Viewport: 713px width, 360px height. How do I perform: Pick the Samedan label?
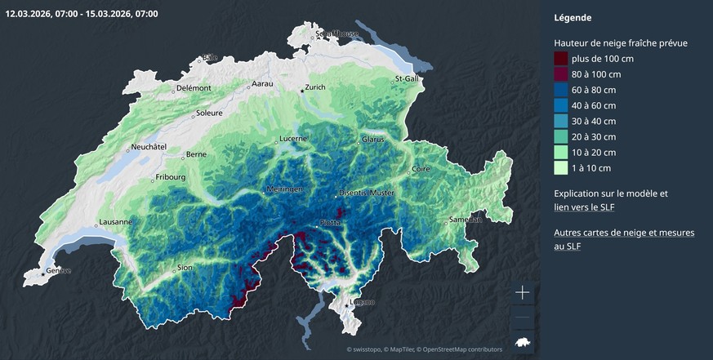(x=466, y=220)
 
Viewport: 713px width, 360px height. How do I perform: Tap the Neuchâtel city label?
(x=148, y=148)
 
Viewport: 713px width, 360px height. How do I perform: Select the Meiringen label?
(x=284, y=189)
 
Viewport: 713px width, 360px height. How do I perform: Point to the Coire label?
(x=421, y=169)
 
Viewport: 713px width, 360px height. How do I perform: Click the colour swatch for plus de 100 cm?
(x=561, y=59)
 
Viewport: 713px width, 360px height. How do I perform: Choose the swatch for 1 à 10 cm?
(x=561, y=168)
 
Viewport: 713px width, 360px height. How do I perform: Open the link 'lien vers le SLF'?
(x=584, y=207)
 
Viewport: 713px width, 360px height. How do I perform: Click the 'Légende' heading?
(x=573, y=17)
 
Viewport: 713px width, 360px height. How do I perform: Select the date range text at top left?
(x=82, y=14)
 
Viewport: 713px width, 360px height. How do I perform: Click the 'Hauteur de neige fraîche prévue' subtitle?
(x=621, y=42)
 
